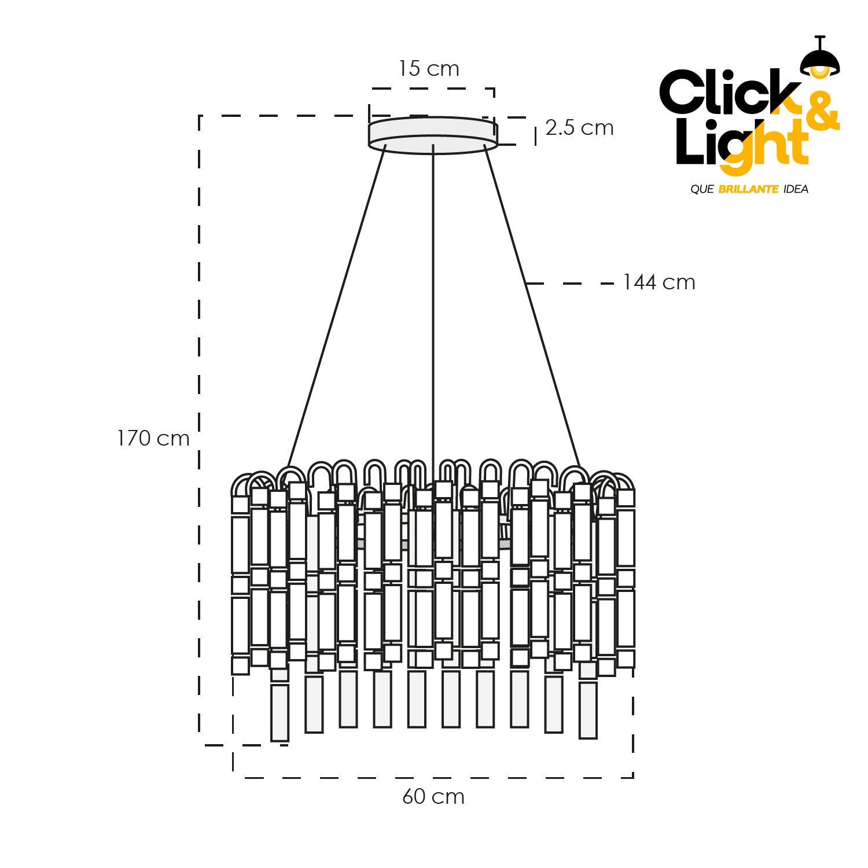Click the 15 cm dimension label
(x=429, y=69)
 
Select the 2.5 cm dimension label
(x=579, y=128)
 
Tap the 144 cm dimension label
(x=659, y=282)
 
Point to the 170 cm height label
(x=153, y=439)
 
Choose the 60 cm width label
(x=433, y=797)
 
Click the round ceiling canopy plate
(x=433, y=135)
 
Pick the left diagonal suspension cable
(x=336, y=307)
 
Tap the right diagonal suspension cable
(x=532, y=307)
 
